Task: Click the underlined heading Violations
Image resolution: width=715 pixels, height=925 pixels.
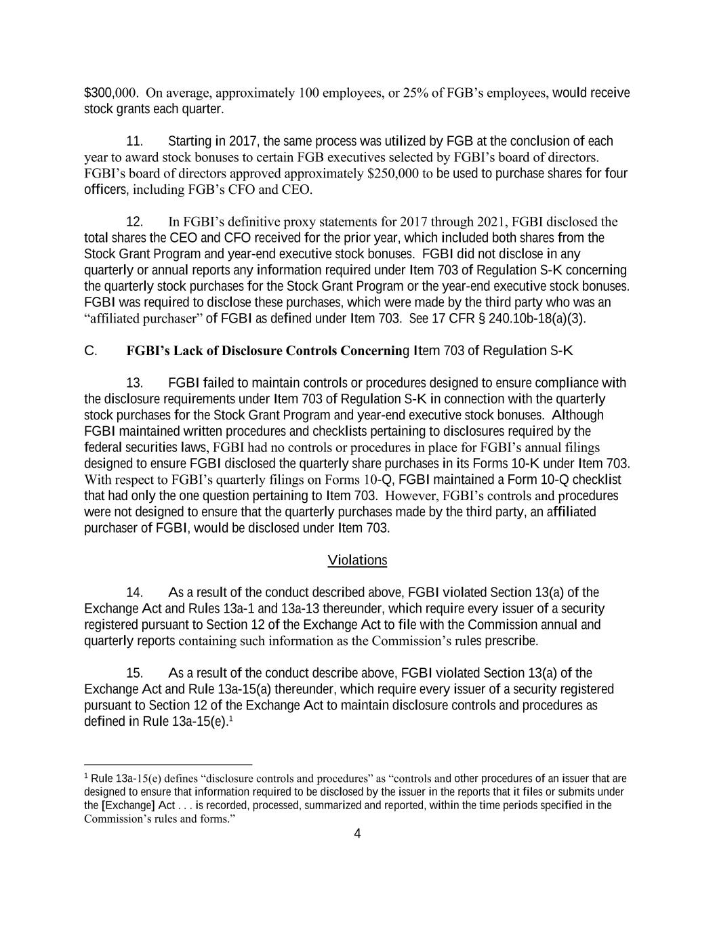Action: pyautogui.click(x=357, y=560)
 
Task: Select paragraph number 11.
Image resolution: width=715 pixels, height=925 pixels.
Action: pyautogui.click(x=135, y=142)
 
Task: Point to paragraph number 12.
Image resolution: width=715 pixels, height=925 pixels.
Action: pyautogui.click(x=135, y=222)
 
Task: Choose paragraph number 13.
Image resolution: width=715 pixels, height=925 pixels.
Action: pyautogui.click(x=135, y=384)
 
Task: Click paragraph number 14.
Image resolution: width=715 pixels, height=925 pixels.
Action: pyautogui.click(x=135, y=593)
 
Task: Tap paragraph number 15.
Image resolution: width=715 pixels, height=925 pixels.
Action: pyautogui.click(x=135, y=674)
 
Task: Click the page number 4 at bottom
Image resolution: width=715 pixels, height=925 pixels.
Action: pyautogui.click(x=357, y=834)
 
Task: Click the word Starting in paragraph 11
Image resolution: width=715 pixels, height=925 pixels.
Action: pyautogui.click(x=189, y=142)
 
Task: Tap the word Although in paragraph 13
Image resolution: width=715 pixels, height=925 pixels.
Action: pyautogui.click(x=578, y=415)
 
